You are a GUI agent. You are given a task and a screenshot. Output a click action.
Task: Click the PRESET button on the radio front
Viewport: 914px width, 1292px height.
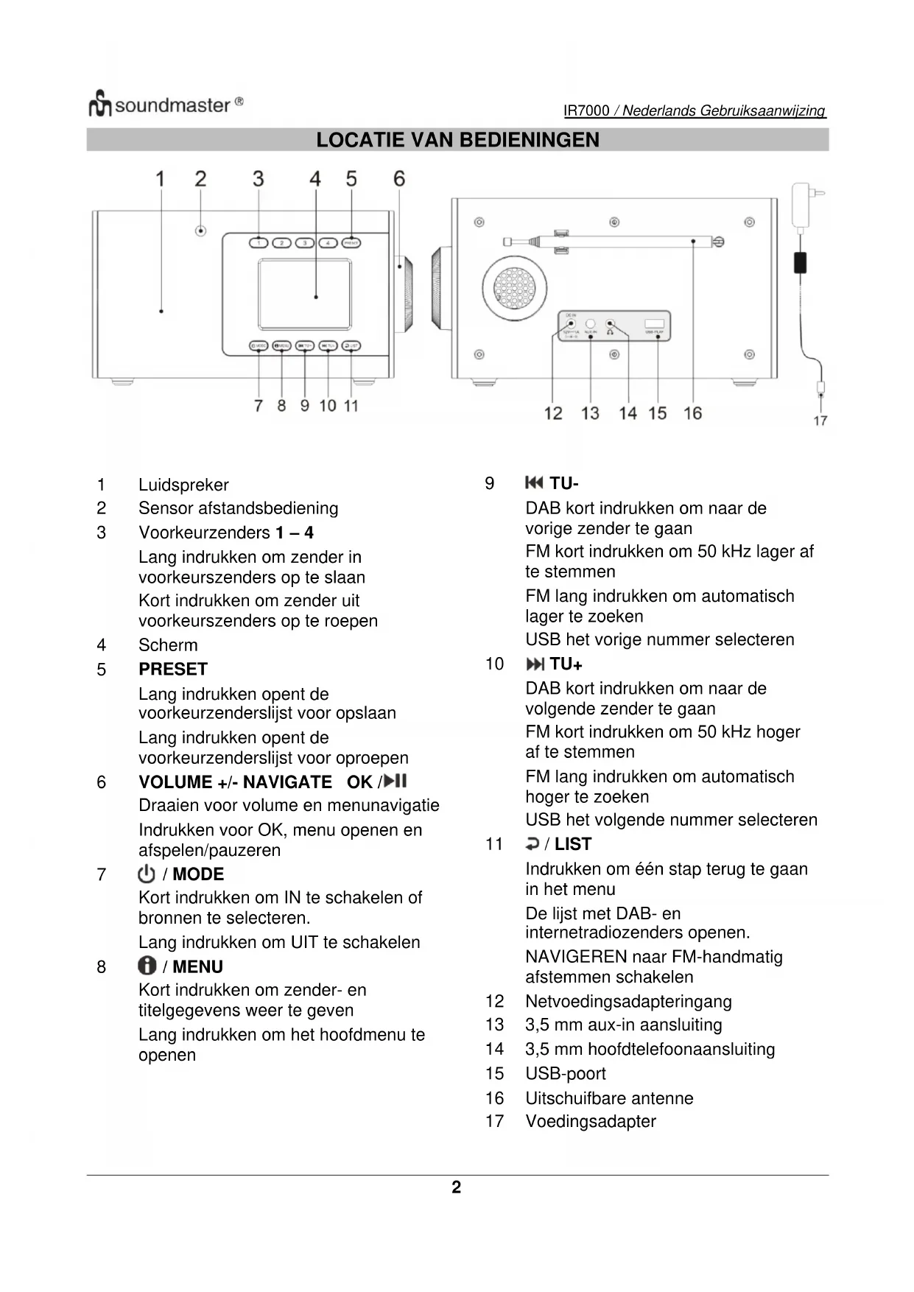click(351, 242)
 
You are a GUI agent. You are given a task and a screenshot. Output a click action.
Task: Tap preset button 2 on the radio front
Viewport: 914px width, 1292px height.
click(281, 242)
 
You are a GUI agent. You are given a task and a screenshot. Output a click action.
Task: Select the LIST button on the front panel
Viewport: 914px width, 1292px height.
click(351, 345)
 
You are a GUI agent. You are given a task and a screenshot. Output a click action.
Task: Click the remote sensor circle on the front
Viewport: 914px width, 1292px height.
click(200, 231)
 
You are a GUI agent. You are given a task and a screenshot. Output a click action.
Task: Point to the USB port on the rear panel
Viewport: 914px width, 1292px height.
click(654, 324)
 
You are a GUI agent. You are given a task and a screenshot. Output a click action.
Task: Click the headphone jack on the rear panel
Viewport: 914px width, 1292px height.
click(610, 324)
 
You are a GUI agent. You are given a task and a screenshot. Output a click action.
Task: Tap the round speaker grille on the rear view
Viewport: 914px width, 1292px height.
click(515, 287)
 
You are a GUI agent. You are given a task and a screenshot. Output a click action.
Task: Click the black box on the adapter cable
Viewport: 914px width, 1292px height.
click(800, 261)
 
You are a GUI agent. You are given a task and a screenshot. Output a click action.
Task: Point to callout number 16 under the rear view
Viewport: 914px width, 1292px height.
click(692, 413)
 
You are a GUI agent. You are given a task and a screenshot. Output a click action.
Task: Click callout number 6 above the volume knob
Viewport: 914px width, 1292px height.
click(399, 179)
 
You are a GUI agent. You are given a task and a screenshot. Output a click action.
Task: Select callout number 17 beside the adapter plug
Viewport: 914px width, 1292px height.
click(820, 421)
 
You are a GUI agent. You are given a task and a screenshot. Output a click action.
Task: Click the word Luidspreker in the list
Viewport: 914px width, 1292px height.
click(183, 485)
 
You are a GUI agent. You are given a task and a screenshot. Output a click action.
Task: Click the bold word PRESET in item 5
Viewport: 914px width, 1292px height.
click(173, 669)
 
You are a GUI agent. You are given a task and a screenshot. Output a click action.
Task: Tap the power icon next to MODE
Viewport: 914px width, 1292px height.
click(147, 874)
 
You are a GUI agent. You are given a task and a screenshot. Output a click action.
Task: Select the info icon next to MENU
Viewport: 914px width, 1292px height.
click(147, 966)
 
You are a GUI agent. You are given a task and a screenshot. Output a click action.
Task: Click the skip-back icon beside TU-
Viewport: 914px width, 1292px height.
click(534, 483)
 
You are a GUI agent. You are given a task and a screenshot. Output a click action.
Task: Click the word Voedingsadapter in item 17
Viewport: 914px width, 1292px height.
click(590, 1121)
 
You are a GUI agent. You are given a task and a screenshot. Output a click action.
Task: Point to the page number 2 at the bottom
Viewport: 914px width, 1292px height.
click(457, 1187)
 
